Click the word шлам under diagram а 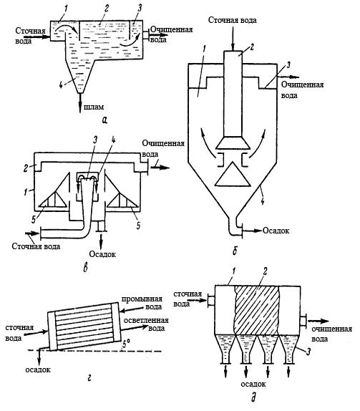point(94,107)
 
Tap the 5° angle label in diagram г point(127,344)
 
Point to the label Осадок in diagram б point(276,231)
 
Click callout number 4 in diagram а point(61,85)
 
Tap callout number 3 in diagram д point(308,352)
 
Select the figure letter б point(235,251)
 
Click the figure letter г point(89,377)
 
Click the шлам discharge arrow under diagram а point(80,103)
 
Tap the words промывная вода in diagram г point(146,302)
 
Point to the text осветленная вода point(147,324)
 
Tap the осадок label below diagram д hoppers point(253,384)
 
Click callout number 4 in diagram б point(263,201)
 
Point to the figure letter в point(85,269)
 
